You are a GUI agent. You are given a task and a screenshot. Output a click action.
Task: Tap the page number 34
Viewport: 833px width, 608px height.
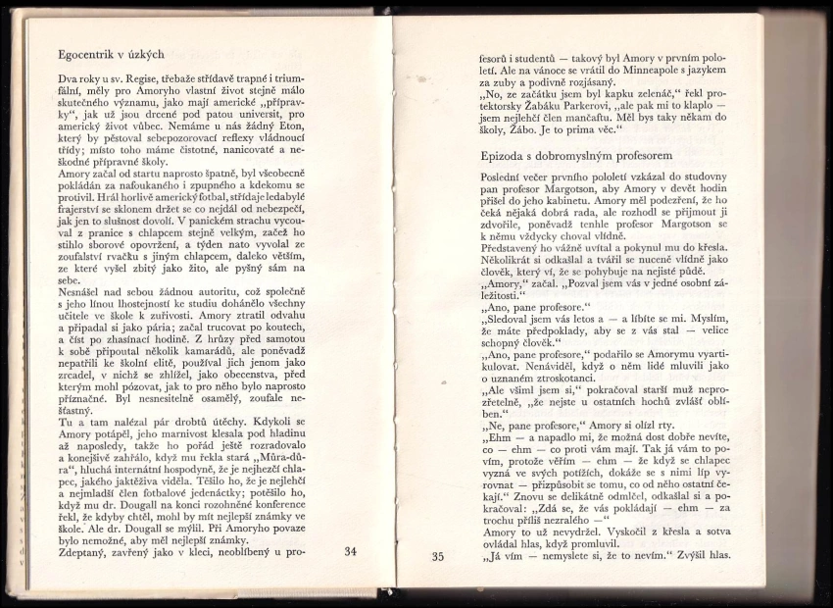coord(352,552)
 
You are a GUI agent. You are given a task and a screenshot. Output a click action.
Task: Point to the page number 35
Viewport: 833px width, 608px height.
coord(438,557)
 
